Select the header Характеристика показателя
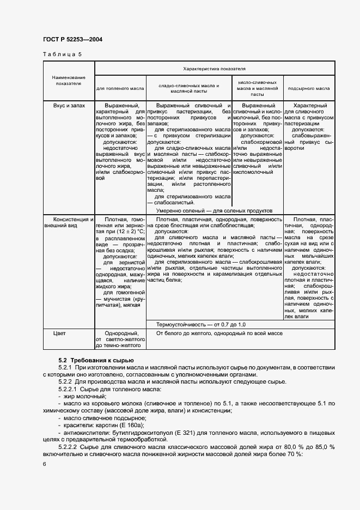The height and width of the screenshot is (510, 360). click(215, 69)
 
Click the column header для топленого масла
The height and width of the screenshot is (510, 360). click(120, 87)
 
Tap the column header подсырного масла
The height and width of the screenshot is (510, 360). click(309, 87)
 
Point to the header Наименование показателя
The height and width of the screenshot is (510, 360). click(68, 81)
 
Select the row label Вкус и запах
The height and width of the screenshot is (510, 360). click(69, 105)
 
